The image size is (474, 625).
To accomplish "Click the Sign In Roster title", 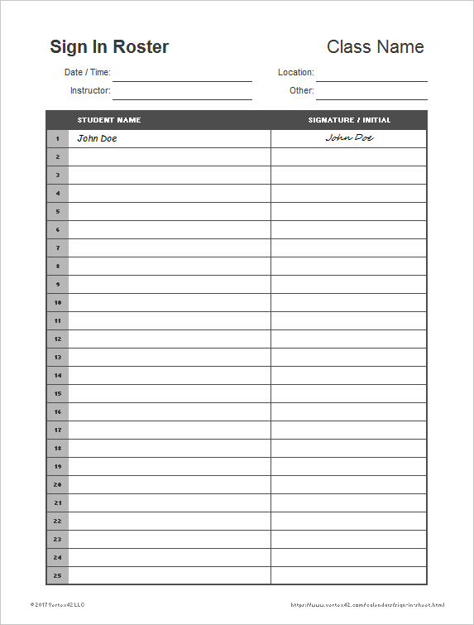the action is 109,47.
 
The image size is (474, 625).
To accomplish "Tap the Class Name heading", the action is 375,47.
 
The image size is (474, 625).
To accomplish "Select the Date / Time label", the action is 88,73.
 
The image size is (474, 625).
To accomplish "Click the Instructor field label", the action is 90,91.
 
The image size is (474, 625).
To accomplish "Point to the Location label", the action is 295,73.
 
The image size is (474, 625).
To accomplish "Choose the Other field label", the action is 301,91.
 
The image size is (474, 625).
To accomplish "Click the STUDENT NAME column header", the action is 109,120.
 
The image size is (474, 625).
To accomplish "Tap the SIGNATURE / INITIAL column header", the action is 349,120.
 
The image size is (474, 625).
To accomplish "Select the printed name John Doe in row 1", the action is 97,138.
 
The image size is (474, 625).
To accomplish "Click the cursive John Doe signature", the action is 349,138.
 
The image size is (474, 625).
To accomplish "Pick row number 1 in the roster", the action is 58,138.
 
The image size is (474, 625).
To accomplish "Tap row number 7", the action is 58,248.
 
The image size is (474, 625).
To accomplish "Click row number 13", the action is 58,357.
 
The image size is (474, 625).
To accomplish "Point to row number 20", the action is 58,484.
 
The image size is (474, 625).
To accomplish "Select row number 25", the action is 58,575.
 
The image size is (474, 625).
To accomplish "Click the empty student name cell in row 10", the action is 170,302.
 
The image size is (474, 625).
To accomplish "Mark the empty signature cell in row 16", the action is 348,411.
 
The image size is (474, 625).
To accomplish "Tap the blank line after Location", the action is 371,75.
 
